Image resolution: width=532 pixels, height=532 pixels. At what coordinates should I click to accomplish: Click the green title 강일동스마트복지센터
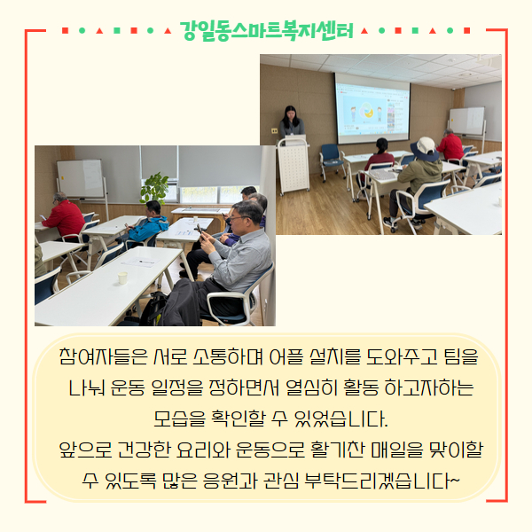[266, 31]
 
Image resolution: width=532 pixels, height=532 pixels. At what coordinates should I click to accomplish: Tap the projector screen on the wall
[372, 108]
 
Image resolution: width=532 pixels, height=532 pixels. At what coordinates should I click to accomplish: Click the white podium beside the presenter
[293, 167]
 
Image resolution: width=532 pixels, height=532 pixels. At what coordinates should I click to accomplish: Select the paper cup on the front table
[122, 278]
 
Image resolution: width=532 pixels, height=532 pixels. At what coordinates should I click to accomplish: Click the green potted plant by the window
[155, 188]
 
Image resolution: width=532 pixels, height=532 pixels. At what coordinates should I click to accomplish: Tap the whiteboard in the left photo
[81, 178]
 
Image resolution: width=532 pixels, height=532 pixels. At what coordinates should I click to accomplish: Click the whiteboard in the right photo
[467, 121]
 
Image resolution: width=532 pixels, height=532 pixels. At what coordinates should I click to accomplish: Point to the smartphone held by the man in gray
[199, 230]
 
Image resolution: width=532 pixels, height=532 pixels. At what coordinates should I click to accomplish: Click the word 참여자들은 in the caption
[104, 356]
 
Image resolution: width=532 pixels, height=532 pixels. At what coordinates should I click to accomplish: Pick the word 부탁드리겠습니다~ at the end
[382, 481]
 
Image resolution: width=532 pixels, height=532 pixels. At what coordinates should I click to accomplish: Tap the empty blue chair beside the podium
[330, 160]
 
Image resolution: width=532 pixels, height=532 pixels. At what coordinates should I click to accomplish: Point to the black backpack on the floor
[152, 308]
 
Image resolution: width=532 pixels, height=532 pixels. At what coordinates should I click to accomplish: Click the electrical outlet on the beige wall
[274, 130]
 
